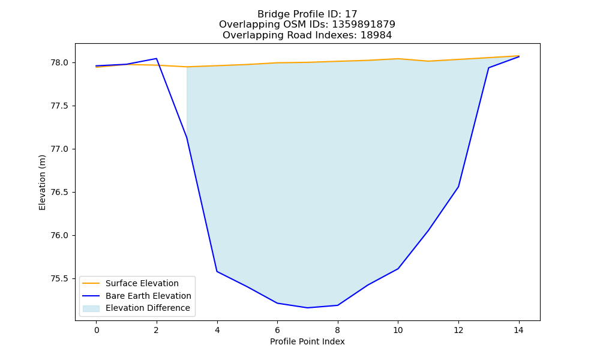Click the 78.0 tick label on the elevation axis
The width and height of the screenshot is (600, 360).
(59, 63)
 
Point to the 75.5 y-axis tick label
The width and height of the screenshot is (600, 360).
(59, 278)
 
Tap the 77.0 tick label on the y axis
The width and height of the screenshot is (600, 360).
(59, 149)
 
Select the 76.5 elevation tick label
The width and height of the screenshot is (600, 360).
(59, 192)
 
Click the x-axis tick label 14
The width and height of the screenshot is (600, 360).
(518, 330)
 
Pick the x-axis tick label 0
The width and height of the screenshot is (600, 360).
(97, 330)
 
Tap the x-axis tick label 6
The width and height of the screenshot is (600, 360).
(277, 330)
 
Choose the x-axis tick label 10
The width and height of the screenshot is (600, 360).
(398, 330)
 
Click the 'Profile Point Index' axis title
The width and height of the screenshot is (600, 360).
(307, 341)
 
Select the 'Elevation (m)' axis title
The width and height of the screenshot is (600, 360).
(42, 182)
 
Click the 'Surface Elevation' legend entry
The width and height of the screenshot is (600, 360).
(142, 283)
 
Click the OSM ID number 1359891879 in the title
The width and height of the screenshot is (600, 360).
(364, 25)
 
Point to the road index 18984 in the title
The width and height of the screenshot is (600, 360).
(376, 35)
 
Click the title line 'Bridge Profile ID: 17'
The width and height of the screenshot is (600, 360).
(307, 14)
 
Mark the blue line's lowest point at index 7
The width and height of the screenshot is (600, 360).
(307, 308)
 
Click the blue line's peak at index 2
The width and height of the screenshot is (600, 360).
(157, 59)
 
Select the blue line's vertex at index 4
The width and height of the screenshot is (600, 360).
(217, 271)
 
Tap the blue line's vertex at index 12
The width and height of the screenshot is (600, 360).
(458, 187)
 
